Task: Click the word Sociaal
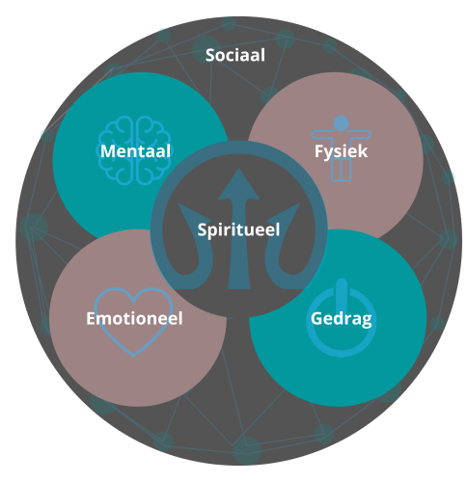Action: [x=235, y=55]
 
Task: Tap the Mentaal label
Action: [x=135, y=151]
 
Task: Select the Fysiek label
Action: [x=341, y=151]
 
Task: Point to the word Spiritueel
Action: [x=238, y=230]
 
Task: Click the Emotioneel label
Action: [x=134, y=318]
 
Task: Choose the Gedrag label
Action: [x=342, y=319]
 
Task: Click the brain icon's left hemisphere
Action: [x=117, y=150]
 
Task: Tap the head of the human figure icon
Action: [x=342, y=123]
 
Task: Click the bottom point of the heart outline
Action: [x=133, y=356]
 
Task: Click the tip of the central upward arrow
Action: [x=238, y=169]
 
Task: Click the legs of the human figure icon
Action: [x=342, y=170]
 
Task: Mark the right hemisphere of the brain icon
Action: [x=153, y=150]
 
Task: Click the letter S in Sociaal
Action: [x=210, y=55]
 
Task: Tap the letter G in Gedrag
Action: [x=316, y=319]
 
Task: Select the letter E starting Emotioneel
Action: [x=91, y=318]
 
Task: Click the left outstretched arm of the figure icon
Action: [x=322, y=135]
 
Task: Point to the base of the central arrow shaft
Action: [x=238, y=286]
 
